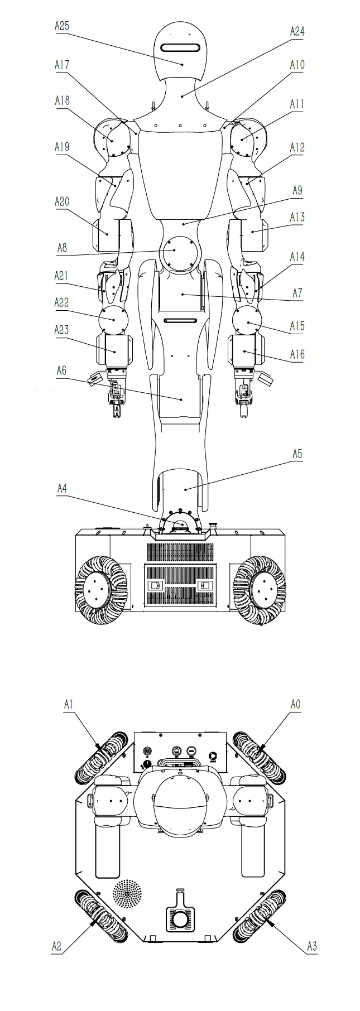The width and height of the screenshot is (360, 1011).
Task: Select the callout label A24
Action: coord(297,32)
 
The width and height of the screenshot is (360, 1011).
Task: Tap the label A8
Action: coord(62,247)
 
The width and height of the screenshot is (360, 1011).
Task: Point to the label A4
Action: coord(62,488)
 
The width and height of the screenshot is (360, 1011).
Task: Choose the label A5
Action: coord(297,454)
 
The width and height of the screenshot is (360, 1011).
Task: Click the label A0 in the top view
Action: coord(295,705)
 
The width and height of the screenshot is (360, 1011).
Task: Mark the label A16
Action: coord(297,354)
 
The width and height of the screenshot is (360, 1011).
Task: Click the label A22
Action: coord(62,302)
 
